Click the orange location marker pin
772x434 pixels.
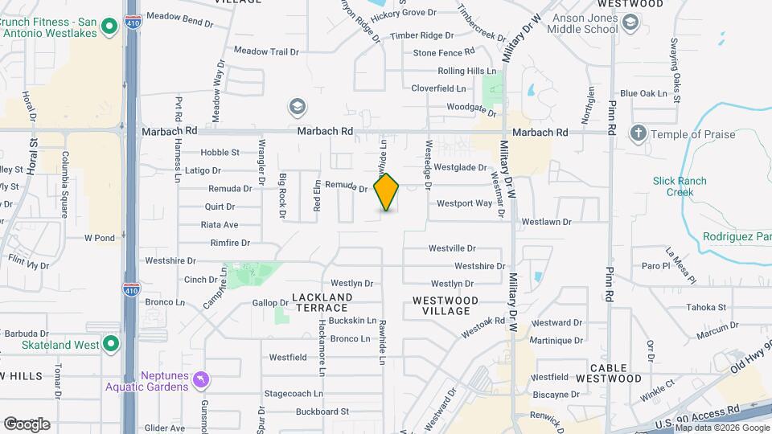click(387, 191)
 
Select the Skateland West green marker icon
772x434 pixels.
click(111, 345)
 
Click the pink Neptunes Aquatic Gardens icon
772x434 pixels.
click(202, 378)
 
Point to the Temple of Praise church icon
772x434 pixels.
click(639, 134)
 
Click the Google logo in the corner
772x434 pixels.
click(27, 424)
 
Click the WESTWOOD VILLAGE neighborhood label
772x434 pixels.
click(445, 305)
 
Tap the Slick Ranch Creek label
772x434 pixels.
click(680, 186)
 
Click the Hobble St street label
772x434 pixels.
click(220, 152)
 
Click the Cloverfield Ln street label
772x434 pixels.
click(438, 88)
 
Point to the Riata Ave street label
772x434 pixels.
click(219, 225)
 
